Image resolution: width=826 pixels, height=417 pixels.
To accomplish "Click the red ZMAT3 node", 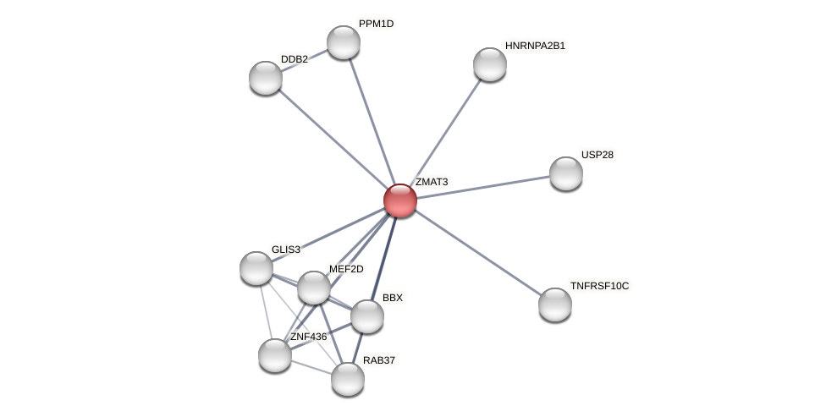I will [x=400, y=200].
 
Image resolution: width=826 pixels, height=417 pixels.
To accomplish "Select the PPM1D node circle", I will [x=344, y=42].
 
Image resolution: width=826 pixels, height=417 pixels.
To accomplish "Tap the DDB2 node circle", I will [x=266, y=78].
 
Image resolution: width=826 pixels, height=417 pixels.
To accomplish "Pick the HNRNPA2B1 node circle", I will [x=490, y=64].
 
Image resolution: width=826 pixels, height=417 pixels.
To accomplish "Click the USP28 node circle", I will [x=566, y=173].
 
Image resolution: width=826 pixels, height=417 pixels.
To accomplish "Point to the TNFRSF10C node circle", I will [x=555, y=305].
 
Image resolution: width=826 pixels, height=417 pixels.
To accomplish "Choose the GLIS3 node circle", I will [x=256, y=268].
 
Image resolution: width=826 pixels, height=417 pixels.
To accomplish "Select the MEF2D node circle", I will [x=314, y=288].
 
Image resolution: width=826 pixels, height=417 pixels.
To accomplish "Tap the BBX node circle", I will [x=367, y=316].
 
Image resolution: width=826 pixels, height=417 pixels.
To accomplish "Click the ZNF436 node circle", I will [x=275, y=355].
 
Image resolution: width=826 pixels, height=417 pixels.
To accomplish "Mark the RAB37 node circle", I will [x=348, y=379].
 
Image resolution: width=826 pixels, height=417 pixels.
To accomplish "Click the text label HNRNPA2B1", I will [x=535, y=46].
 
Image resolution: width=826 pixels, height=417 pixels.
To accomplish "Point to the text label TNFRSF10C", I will [x=599, y=286].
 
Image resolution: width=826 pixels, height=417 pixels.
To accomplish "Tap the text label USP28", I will [x=597, y=155].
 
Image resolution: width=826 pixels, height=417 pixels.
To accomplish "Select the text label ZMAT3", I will [x=431, y=182].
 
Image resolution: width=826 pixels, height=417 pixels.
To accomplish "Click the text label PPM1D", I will [x=376, y=24].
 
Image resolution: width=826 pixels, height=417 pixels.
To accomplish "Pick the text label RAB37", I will [x=378, y=360].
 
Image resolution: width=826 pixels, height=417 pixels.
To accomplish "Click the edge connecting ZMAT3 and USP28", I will [x=483, y=187].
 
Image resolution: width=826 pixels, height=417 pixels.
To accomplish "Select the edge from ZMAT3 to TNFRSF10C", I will [x=478, y=253].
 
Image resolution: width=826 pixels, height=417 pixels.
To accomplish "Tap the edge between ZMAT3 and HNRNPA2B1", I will [x=445, y=132].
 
